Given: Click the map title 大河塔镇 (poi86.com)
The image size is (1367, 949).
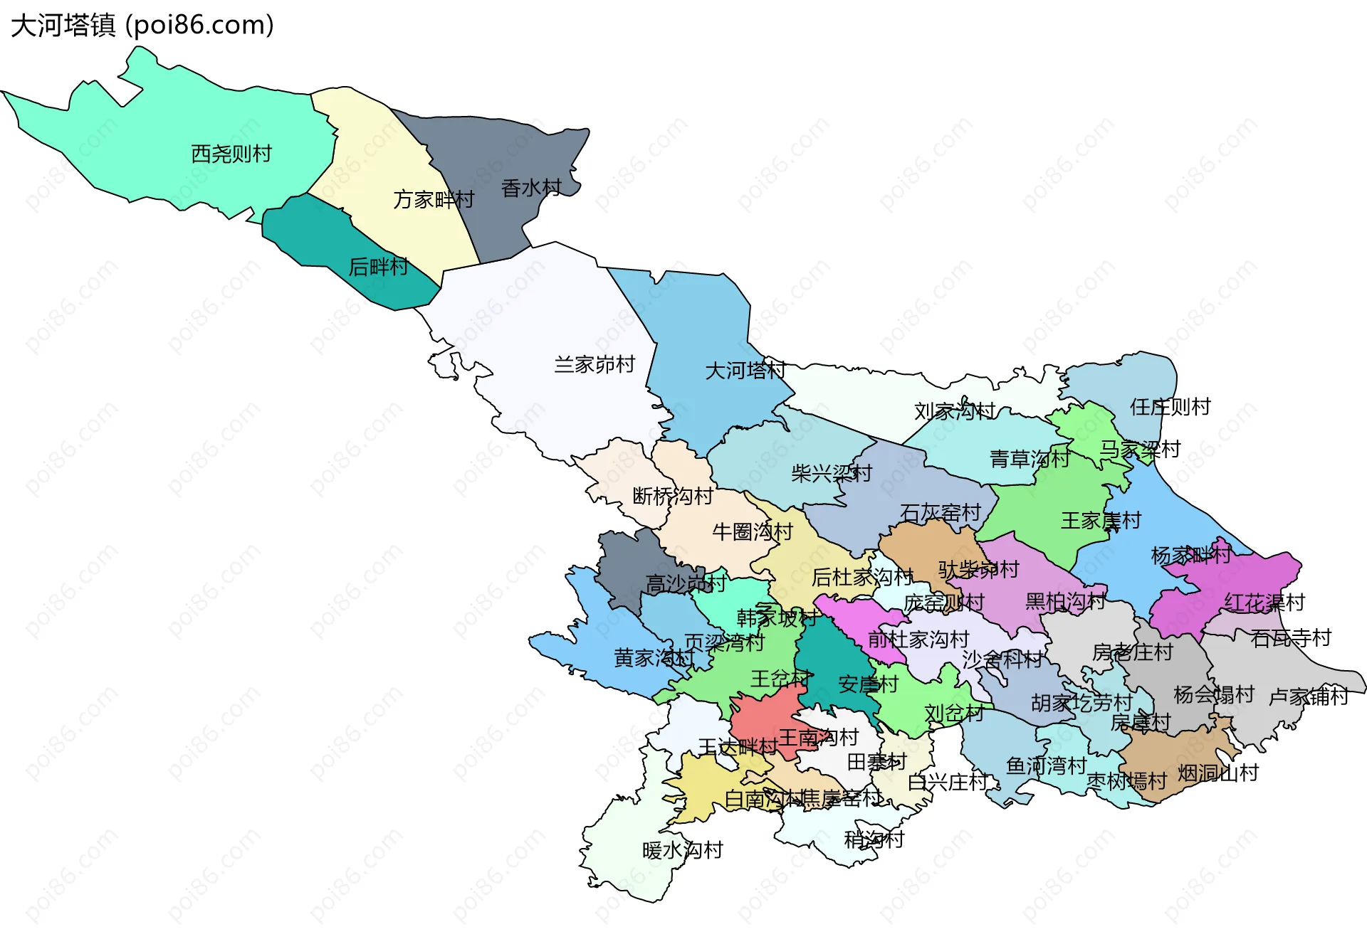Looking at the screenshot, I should [142, 26].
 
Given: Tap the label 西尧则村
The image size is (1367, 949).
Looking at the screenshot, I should [231, 154].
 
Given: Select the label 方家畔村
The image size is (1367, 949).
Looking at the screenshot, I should [433, 199].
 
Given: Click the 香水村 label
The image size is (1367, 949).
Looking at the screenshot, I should [531, 188].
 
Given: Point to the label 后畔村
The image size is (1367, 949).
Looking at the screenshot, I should [378, 267].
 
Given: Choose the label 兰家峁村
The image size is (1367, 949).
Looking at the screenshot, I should [595, 364].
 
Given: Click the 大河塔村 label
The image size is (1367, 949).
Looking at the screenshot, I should [745, 370].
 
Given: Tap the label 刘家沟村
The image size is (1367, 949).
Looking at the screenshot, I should [954, 410].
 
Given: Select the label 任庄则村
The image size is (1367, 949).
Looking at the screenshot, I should [1170, 407].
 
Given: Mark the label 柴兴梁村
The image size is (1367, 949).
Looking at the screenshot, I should [831, 473].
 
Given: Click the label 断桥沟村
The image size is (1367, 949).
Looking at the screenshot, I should [672, 496].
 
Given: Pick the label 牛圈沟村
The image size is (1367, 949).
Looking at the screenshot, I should [752, 531].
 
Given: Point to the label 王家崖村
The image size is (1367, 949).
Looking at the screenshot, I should [1101, 521].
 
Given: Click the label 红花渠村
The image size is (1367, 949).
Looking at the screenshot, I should [1264, 603].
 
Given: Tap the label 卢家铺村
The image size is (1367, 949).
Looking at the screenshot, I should [1309, 696].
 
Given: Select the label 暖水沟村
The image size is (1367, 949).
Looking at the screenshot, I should [682, 850].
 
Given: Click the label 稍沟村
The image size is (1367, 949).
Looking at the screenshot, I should [874, 839].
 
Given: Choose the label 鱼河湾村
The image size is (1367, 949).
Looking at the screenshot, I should [1046, 765].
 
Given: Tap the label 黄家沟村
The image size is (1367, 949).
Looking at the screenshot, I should [653, 657].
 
